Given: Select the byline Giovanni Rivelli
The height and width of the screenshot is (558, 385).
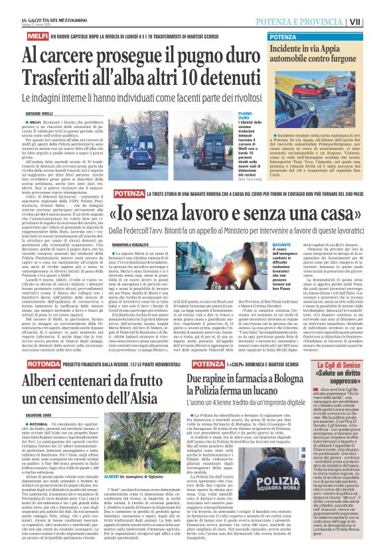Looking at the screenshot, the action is tap(21, 114).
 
